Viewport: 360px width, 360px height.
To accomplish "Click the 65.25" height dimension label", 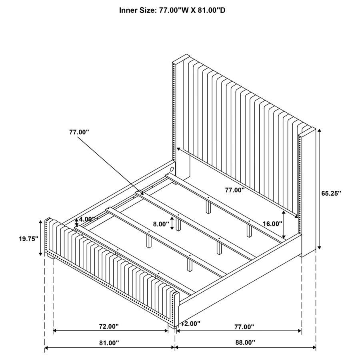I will pyautogui.click(x=331, y=193).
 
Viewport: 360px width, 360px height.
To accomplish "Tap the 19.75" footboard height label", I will pyautogui.click(x=28, y=239).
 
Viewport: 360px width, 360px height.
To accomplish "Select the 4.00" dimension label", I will pyautogui.click(x=88, y=219).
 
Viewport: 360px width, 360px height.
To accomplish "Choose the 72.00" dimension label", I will pyautogui.click(x=109, y=326).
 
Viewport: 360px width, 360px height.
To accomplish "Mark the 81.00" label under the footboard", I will pyautogui.click(x=109, y=343).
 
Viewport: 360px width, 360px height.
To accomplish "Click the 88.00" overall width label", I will pyautogui.click(x=244, y=342).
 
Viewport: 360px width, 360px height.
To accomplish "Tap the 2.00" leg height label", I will pyautogui.click(x=192, y=323).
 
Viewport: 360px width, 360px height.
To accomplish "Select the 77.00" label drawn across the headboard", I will pyautogui.click(x=234, y=190).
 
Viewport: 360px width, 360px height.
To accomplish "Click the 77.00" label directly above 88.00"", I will pyautogui.click(x=244, y=327).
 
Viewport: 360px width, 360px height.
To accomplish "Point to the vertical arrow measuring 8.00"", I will pyautogui.click(x=172, y=223).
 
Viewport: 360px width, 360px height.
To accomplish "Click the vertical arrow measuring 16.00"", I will pyautogui.click(x=284, y=224).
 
